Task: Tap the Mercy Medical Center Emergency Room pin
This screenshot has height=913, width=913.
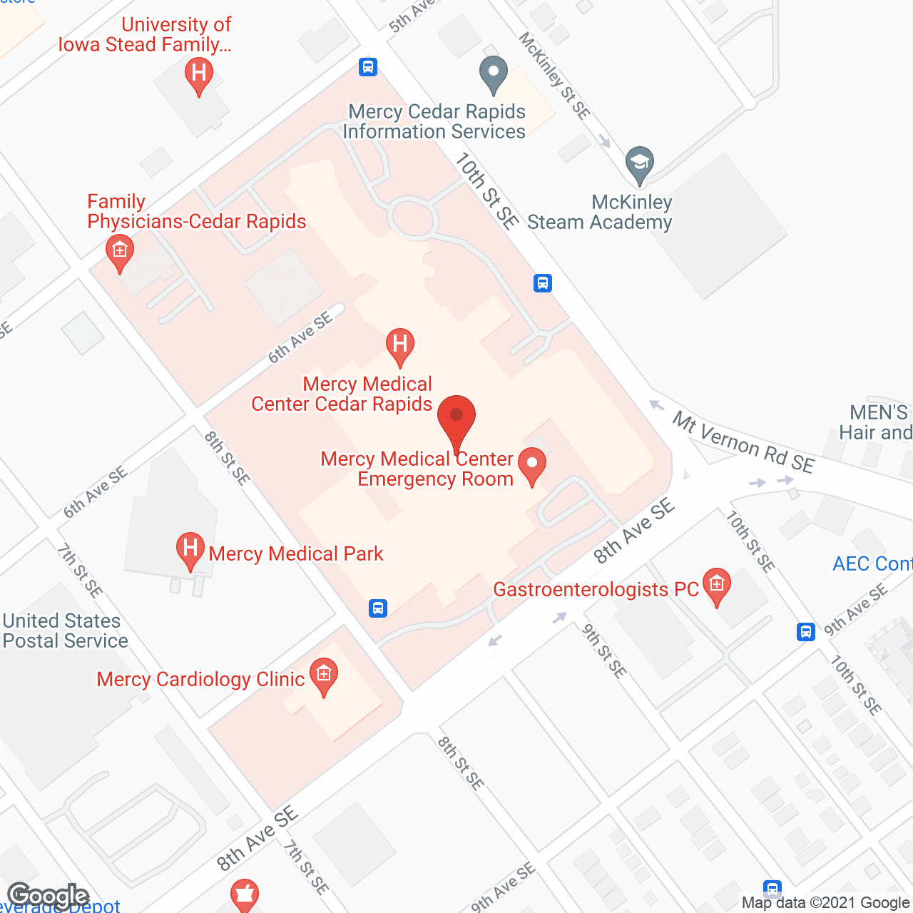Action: pyautogui.click(x=531, y=465)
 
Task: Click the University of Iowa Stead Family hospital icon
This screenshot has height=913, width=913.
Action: pyautogui.click(x=199, y=75)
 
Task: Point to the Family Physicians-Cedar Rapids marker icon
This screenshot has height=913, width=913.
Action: pyautogui.click(x=119, y=253)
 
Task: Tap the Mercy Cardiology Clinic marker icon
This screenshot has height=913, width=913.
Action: pyautogui.click(x=324, y=676)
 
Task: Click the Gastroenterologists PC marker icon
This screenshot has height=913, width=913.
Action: pyautogui.click(x=717, y=586)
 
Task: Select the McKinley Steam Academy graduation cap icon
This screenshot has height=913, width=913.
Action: pyautogui.click(x=640, y=164)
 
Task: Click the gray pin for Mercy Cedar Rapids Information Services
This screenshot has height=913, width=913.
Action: pyautogui.click(x=493, y=74)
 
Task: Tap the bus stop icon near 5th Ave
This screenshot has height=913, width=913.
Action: pyautogui.click(x=368, y=67)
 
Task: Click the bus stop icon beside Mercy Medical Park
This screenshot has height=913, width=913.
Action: pyautogui.click(x=378, y=608)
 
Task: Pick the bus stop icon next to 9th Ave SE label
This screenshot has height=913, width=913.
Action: pyautogui.click(x=806, y=632)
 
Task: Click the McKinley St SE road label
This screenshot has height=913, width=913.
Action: pyautogui.click(x=555, y=76)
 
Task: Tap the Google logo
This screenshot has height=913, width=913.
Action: pyautogui.click(x=49, y=896)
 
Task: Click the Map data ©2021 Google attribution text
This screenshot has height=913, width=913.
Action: pyautogui.click(x=825, y=902)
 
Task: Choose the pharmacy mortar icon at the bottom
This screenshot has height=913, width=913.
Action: pyautogui.click(x=244, y=894)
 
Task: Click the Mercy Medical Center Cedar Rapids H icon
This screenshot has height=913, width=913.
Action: pyautogui.click(x=400, y=345)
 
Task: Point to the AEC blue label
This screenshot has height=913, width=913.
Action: pyautogui.click(x=872, y=563)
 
